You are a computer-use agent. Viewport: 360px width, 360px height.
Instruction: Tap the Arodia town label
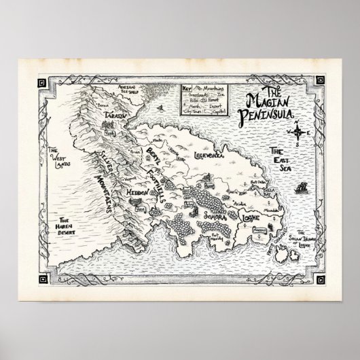(x=236, y=202)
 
